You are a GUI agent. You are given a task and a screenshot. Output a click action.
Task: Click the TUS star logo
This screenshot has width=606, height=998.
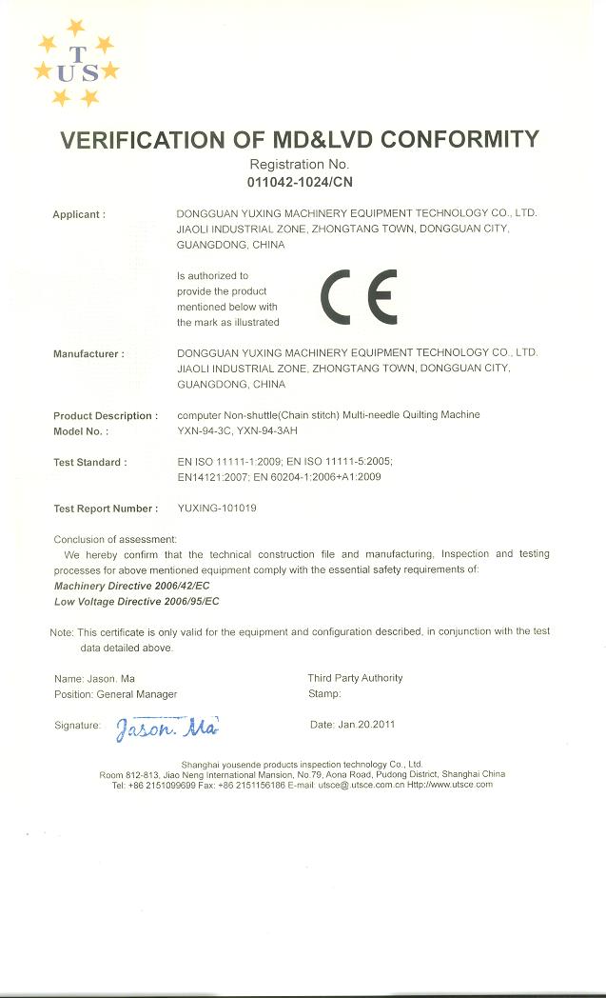pyautogui.click(x=76, y=64)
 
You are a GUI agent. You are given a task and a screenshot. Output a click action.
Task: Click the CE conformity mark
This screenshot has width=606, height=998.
pyautogui.click(x=358, y=297)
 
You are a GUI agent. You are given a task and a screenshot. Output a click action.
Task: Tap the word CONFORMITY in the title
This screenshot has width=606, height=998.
pyautogui.click(x=459, y=140)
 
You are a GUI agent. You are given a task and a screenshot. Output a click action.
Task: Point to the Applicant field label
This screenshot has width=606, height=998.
pyautogui.click(x=78, y=214)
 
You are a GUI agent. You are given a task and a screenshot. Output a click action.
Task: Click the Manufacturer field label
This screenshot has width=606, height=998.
pyautogui.click(x=88, y=353)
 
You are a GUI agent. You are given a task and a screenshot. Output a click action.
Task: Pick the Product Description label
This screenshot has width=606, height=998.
pyautogui.click(x=105, y=415)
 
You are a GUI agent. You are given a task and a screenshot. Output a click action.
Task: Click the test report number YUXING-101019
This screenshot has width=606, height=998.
pyautogui.click(x=217, y=509)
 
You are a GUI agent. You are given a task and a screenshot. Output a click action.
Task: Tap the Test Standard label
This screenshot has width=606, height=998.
pyautogui.click(x=89, y=462)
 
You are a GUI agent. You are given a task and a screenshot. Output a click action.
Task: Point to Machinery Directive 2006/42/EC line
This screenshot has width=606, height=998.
pyautogui.click(x=132, y=586)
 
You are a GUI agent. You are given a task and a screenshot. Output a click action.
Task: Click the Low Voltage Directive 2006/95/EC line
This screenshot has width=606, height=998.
pyautogui.click(x=136, y=601)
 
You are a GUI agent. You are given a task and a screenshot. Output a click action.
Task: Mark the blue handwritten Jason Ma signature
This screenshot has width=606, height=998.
pyautogui.click(x=167, y=729)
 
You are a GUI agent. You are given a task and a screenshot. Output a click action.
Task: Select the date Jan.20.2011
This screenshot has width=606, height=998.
pyautogui.click(x=366, y=725)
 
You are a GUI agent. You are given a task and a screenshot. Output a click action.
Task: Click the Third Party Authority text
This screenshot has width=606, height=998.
pyautogui.click(x=355, y=678)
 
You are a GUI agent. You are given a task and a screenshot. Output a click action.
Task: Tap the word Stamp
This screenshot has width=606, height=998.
pyautogui.click(x=323, y=694)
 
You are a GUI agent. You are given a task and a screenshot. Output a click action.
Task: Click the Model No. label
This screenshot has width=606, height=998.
pyautogui.click(x=81, y=430)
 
